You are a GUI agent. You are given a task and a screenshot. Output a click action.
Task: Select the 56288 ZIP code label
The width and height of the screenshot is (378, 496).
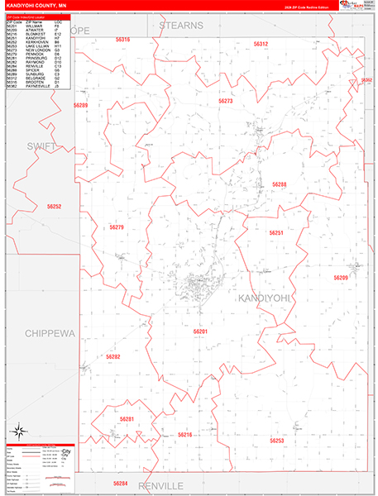tap(280, 184)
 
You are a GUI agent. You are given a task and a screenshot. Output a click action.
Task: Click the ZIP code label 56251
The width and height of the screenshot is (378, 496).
tap(276, 233)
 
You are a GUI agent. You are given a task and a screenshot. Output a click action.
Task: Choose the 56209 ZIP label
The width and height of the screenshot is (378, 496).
tap(341, 278)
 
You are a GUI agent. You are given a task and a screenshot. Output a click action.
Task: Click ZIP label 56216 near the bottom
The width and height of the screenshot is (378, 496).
tap(184, 435)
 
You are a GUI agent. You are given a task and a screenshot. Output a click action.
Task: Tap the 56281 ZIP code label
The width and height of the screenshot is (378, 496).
tap(127, 419)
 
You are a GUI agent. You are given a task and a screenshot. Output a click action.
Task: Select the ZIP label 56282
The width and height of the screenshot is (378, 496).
tap(112, 356)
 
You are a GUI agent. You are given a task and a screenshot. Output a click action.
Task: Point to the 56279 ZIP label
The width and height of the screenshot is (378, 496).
tap(116, 227)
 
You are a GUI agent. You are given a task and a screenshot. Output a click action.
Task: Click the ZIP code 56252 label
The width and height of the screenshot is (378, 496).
tap(55, 206)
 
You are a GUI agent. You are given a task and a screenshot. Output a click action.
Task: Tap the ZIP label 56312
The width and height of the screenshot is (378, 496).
tap(261, 43)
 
